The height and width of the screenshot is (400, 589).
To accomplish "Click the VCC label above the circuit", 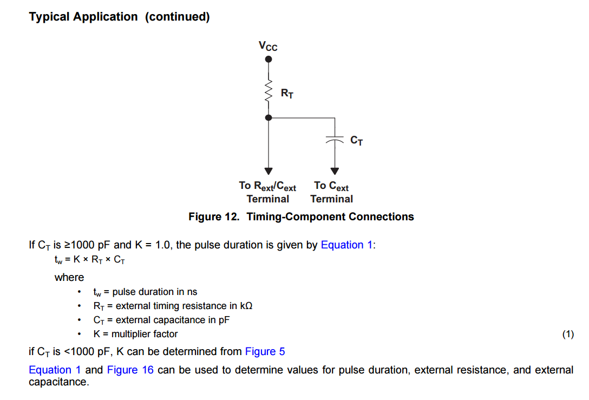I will pos(268,46).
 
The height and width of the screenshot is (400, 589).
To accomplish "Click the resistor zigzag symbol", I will pos(268,92).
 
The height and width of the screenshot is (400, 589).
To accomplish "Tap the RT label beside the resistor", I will pos(287,94).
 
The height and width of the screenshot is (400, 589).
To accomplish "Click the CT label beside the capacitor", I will pos(356,141).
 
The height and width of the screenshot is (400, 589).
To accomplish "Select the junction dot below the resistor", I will pos(268,117).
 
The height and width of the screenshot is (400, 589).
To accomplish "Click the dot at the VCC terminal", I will pos(268,60).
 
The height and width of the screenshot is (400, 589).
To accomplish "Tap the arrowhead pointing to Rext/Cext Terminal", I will pos(268,171).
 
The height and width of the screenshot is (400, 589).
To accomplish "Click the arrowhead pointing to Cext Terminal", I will pos(335,171).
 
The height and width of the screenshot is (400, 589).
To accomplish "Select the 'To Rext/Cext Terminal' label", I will pos(267,192).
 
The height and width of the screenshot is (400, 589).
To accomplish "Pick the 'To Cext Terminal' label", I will pos(331,192).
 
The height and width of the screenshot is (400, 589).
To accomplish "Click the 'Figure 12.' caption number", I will pos(213,217).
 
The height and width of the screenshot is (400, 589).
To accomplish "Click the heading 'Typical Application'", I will pos(83,17).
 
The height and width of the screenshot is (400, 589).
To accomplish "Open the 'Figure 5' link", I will pos(265,352).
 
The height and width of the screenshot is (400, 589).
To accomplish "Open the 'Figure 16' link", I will pos(130,370).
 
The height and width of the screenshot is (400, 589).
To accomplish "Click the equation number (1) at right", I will pos(567,335).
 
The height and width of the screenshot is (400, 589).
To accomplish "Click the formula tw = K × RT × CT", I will pos(89,260).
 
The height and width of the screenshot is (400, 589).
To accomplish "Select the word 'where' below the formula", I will pos(69,278).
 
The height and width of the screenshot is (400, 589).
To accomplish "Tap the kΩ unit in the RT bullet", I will pos(246,306).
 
